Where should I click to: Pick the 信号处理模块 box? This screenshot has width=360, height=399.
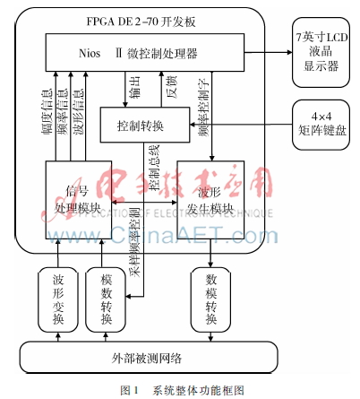coord(77,198)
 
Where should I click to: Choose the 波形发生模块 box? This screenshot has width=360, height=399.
coord(211,199)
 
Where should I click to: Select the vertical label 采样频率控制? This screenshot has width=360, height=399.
coord(133,239)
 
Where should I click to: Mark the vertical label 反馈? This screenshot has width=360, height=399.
coord(171,90)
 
